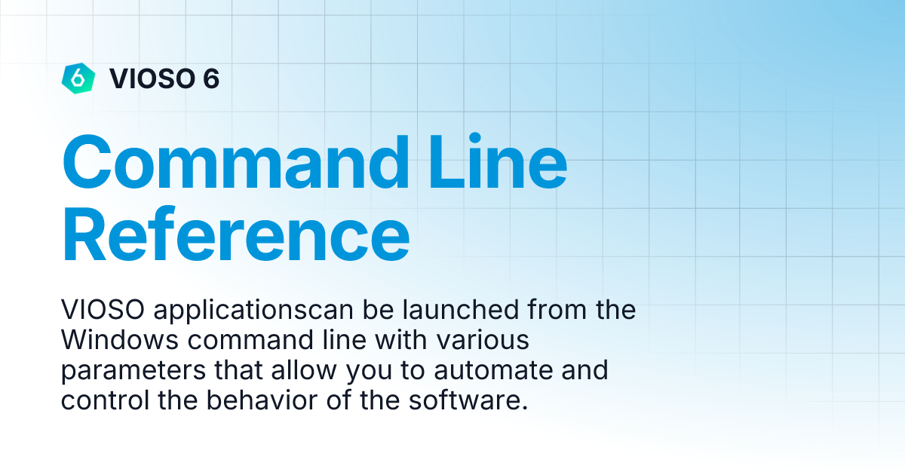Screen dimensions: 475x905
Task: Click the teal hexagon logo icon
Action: coord(78,78)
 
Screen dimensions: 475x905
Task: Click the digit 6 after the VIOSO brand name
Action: coord(210,78)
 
